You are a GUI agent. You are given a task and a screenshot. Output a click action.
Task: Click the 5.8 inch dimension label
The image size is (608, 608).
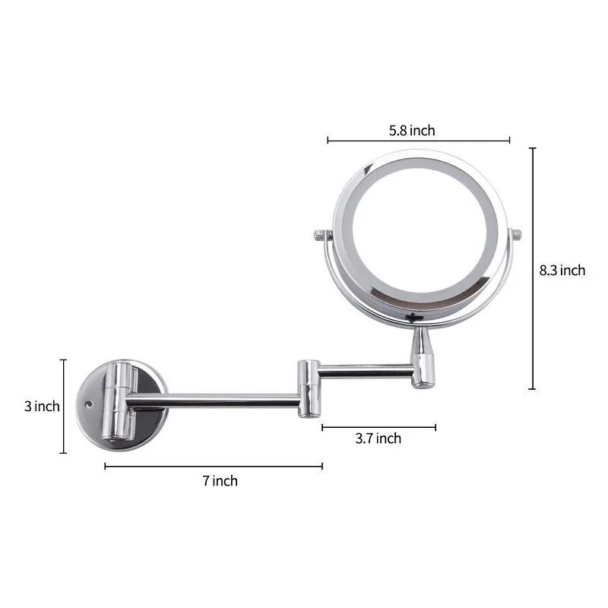click(x=412, y=131)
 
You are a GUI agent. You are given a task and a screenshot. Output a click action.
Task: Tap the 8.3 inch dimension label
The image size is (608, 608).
click(x=562, y=271)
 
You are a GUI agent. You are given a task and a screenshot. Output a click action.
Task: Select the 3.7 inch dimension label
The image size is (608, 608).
click(x=378, y=439)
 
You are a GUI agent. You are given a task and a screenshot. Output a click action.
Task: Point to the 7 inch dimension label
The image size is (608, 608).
click(x=220, y=481)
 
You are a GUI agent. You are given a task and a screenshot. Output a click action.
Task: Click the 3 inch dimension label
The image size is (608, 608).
click(x=42, y=407)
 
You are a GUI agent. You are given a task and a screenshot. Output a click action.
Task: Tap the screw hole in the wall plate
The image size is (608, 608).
click(x=89, y=405)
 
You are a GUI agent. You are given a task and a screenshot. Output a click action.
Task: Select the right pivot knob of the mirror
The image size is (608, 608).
click(x=516, y=235)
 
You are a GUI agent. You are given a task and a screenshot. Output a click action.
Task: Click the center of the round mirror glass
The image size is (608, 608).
click(x=420, y=231)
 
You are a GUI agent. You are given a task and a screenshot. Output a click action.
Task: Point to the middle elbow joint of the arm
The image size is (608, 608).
click(x=309, y=388)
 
